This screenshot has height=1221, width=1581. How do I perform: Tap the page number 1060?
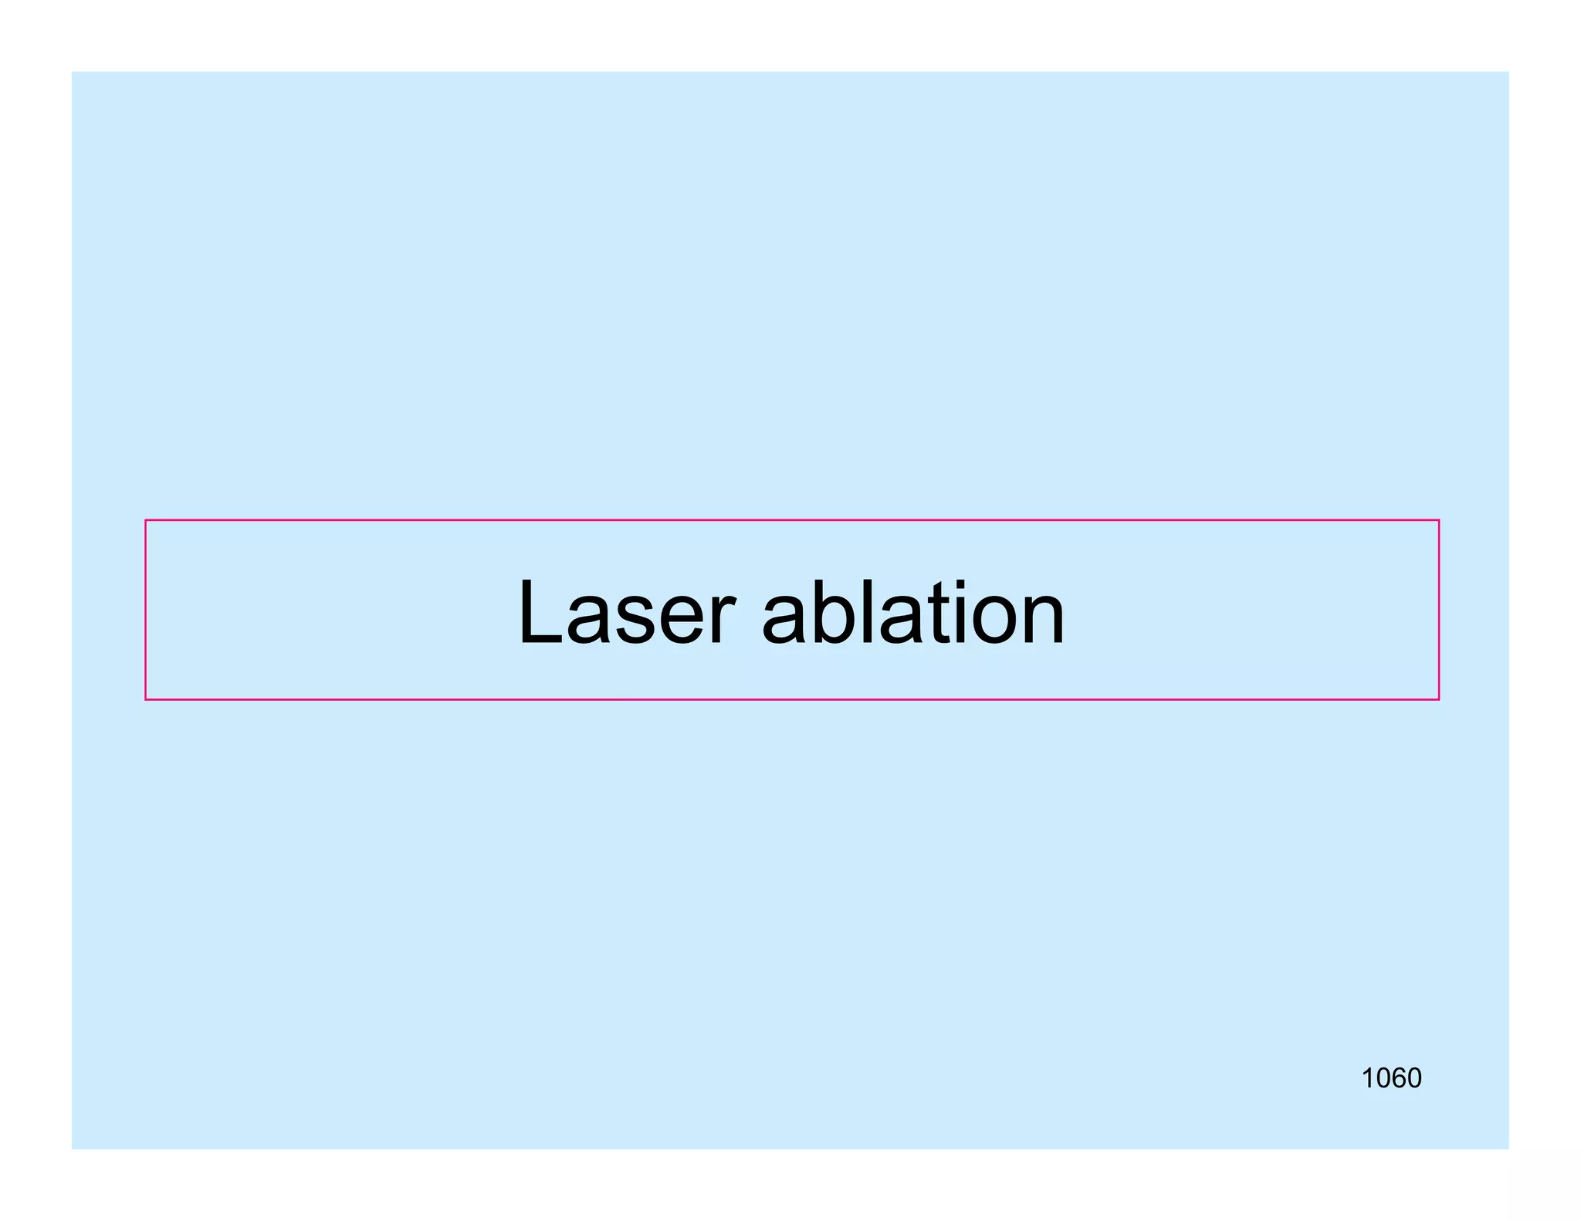click(x=1390, y=1078)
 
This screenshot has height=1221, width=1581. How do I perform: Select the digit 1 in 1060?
click(x=1368, y=1078)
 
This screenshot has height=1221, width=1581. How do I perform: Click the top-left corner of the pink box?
click(x=146, y=521)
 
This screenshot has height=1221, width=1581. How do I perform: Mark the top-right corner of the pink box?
click(x=1438, y=521)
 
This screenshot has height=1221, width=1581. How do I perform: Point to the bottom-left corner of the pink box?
click(x=146, y=699)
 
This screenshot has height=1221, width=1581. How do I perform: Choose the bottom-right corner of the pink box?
click(x=1438, y=699)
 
